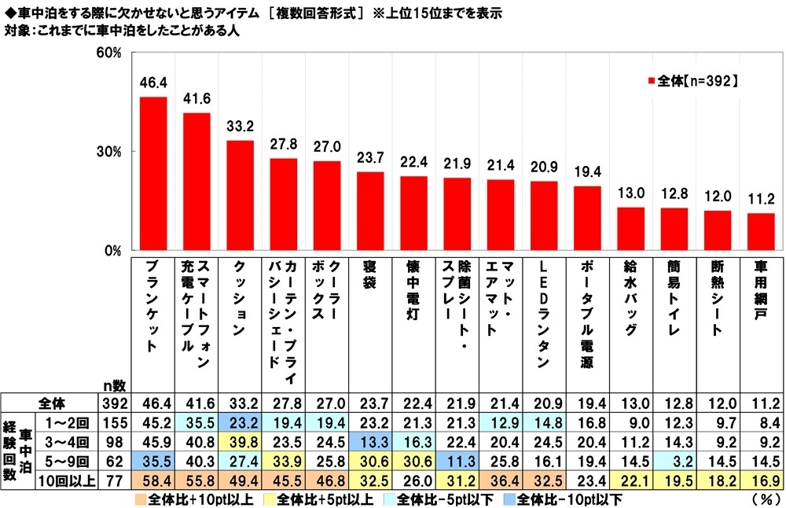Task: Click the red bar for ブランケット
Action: (152, 174)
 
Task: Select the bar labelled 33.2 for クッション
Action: (240, 196)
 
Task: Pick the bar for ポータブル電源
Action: (587, 219)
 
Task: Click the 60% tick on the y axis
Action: (108, 53)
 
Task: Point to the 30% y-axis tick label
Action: (108, 152)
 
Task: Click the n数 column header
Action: (113, 385)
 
